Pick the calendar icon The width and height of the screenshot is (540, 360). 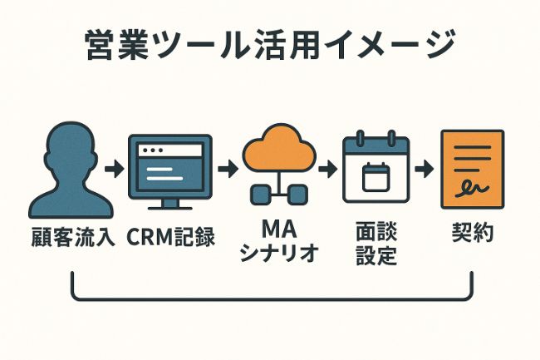point(376,170)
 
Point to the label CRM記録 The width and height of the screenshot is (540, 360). point(171,236)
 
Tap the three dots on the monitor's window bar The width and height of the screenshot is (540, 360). point(151,150)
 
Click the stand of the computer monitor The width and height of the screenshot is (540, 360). point(170,202)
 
